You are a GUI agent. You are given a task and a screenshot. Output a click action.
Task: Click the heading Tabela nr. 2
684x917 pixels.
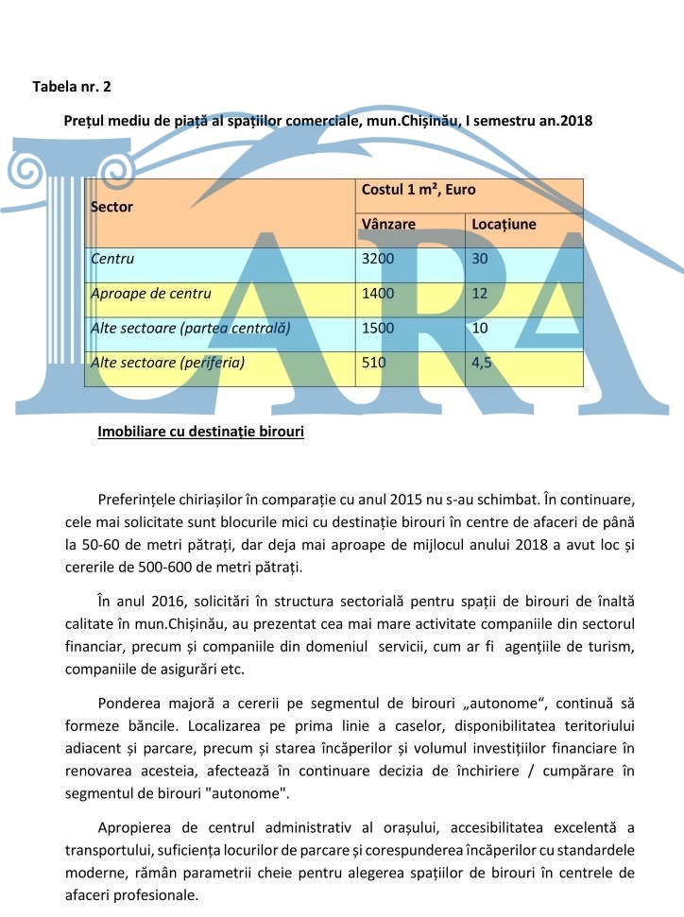click(x=72, y=87)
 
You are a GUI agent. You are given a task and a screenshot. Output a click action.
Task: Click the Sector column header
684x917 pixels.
click(x=111, y=206)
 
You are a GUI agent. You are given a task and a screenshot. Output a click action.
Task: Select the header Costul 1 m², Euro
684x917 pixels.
click(x=419, y=190)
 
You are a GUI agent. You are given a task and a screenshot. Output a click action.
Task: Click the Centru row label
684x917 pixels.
click(x=112, y=259)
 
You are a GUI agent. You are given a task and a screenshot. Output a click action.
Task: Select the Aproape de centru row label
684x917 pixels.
click(x=151, y=294)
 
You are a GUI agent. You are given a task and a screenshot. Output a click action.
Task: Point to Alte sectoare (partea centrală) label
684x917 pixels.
click(x=190, y=328)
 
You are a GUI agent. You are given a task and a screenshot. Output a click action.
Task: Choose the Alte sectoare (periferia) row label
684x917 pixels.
click(x=167, y=362)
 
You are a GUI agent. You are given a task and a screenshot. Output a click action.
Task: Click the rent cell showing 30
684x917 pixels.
click(x=480, y=259)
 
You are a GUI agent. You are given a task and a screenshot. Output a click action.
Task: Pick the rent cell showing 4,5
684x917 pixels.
click(x=482, y=362)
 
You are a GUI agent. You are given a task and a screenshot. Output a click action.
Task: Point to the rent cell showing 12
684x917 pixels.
click(x=480, y=294)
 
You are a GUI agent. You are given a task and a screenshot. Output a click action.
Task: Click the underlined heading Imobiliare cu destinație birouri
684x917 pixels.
click(x=200, y=433)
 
